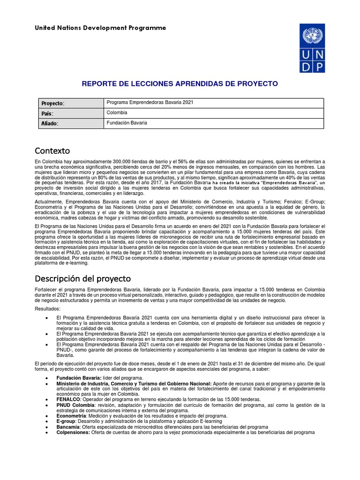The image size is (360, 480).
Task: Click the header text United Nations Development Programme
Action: (100, 28)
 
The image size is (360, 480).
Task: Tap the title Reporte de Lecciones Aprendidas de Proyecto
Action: (180, 84)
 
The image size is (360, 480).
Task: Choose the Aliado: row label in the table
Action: (50, 123)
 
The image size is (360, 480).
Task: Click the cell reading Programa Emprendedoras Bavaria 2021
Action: (150, 103)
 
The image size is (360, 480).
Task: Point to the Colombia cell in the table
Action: (117, 112)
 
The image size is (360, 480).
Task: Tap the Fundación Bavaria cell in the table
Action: (127, 123)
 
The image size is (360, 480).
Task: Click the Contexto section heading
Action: (52, 151)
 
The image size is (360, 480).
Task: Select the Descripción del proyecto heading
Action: (83, 278)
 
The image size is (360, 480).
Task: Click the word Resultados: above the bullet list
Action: (47, 309)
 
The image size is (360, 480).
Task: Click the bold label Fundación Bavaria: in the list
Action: (78, 378)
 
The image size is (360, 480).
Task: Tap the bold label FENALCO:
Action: (68, 399)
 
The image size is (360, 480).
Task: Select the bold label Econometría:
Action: (71, 416)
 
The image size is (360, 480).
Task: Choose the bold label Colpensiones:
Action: (73, 433)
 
